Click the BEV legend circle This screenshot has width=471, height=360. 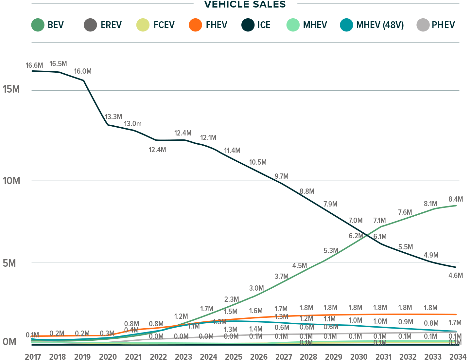coord(38,25)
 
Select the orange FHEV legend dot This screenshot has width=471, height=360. coord(195,25)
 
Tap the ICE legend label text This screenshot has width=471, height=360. coord(264,25)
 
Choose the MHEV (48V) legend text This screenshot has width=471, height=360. coord(380,25)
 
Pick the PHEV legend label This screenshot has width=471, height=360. coord(443,25)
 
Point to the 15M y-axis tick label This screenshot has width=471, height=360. coord(11,89)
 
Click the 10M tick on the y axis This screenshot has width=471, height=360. coord(11,181)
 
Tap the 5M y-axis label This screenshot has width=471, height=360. coord(9,263)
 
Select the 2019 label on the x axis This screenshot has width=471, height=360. coord(82,356)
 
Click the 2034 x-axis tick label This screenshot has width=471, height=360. coord(458,356)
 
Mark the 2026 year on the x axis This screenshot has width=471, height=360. coord(259,356)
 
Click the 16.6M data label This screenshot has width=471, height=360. coord(34,65)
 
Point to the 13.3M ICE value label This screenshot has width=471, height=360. coord(113,117)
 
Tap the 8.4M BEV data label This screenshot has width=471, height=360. coord(456,199)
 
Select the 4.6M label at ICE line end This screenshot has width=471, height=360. coord(456,276)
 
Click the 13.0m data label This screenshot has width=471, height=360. coord(132,124)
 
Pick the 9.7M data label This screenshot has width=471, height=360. coord(281,176)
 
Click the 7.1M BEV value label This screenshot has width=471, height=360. coord(379,221)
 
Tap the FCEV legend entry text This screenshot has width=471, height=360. coord(164,25)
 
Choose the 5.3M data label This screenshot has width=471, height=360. coord(331,251)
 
